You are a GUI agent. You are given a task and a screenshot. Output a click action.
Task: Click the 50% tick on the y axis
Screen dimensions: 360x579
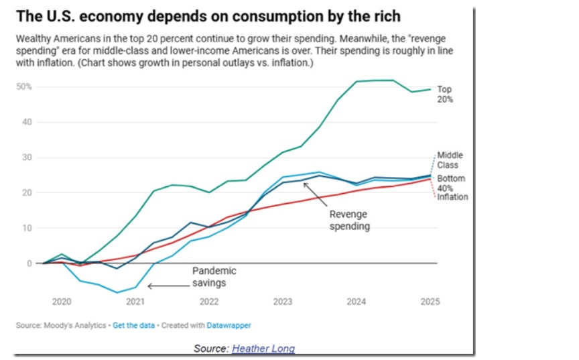click(25, 87)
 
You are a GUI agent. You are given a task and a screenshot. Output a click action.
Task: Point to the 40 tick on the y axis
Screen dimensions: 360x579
click(27, 122)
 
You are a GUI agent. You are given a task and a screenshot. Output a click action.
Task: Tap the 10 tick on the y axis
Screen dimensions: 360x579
click(27, 228)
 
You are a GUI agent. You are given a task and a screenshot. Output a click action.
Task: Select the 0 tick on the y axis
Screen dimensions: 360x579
click(29, 263)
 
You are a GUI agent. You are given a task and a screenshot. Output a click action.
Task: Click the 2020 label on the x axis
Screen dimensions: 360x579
click(61, 302)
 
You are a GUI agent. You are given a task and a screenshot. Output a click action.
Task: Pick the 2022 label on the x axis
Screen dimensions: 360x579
click(208, 302)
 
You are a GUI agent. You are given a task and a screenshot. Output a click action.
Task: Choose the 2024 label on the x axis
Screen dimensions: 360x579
click(356, 302)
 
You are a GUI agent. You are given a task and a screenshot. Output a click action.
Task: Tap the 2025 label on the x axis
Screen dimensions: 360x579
click(430, 302)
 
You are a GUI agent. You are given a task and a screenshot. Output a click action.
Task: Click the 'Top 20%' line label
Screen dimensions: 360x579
click(446, 95)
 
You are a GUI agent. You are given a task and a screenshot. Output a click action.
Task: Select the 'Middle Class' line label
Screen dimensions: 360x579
click(450, 160)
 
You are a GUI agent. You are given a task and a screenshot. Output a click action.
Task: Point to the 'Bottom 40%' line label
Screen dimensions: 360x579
click(451, 183)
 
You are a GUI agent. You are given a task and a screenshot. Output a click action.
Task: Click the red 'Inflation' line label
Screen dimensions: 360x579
click(452, 197)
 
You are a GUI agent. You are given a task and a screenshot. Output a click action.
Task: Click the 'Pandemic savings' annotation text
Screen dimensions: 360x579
click(214, 277)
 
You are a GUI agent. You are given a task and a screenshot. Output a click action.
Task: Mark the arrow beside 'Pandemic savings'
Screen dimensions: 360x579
click(168, 286)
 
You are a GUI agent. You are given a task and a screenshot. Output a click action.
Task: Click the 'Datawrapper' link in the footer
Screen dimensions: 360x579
click(230, 325)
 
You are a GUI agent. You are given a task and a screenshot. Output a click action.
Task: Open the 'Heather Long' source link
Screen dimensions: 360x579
click(263, 349)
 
